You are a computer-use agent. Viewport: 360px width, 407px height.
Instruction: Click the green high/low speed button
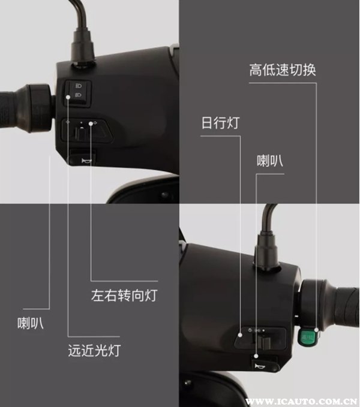[x=306, y=337]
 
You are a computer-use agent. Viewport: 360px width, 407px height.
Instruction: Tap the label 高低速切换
[x=283, y=70]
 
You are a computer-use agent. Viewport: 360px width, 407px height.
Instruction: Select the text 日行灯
[x=220, y=123]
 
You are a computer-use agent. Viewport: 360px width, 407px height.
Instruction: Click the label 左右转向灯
[x=124, y=296]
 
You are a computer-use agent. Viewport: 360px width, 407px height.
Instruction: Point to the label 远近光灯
[x=94, y=351]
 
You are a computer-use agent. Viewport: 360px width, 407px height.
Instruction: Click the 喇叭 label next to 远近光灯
[x=30, y=323]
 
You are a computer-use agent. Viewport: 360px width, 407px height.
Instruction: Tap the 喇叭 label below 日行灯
[x=270, y=161]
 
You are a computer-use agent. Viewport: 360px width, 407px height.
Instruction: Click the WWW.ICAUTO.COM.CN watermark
[x=301, y=402]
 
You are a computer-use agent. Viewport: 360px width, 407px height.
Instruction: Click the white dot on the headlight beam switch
[x=68, y=97]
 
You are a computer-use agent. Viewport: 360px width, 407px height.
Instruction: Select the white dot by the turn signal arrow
[x=91, y=123]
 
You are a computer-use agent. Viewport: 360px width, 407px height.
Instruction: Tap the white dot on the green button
[x=316, y=330]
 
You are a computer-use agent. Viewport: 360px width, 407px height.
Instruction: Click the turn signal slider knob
[x=81, y=133]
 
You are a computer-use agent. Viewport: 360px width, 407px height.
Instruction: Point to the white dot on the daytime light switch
[x=240, y=335]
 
